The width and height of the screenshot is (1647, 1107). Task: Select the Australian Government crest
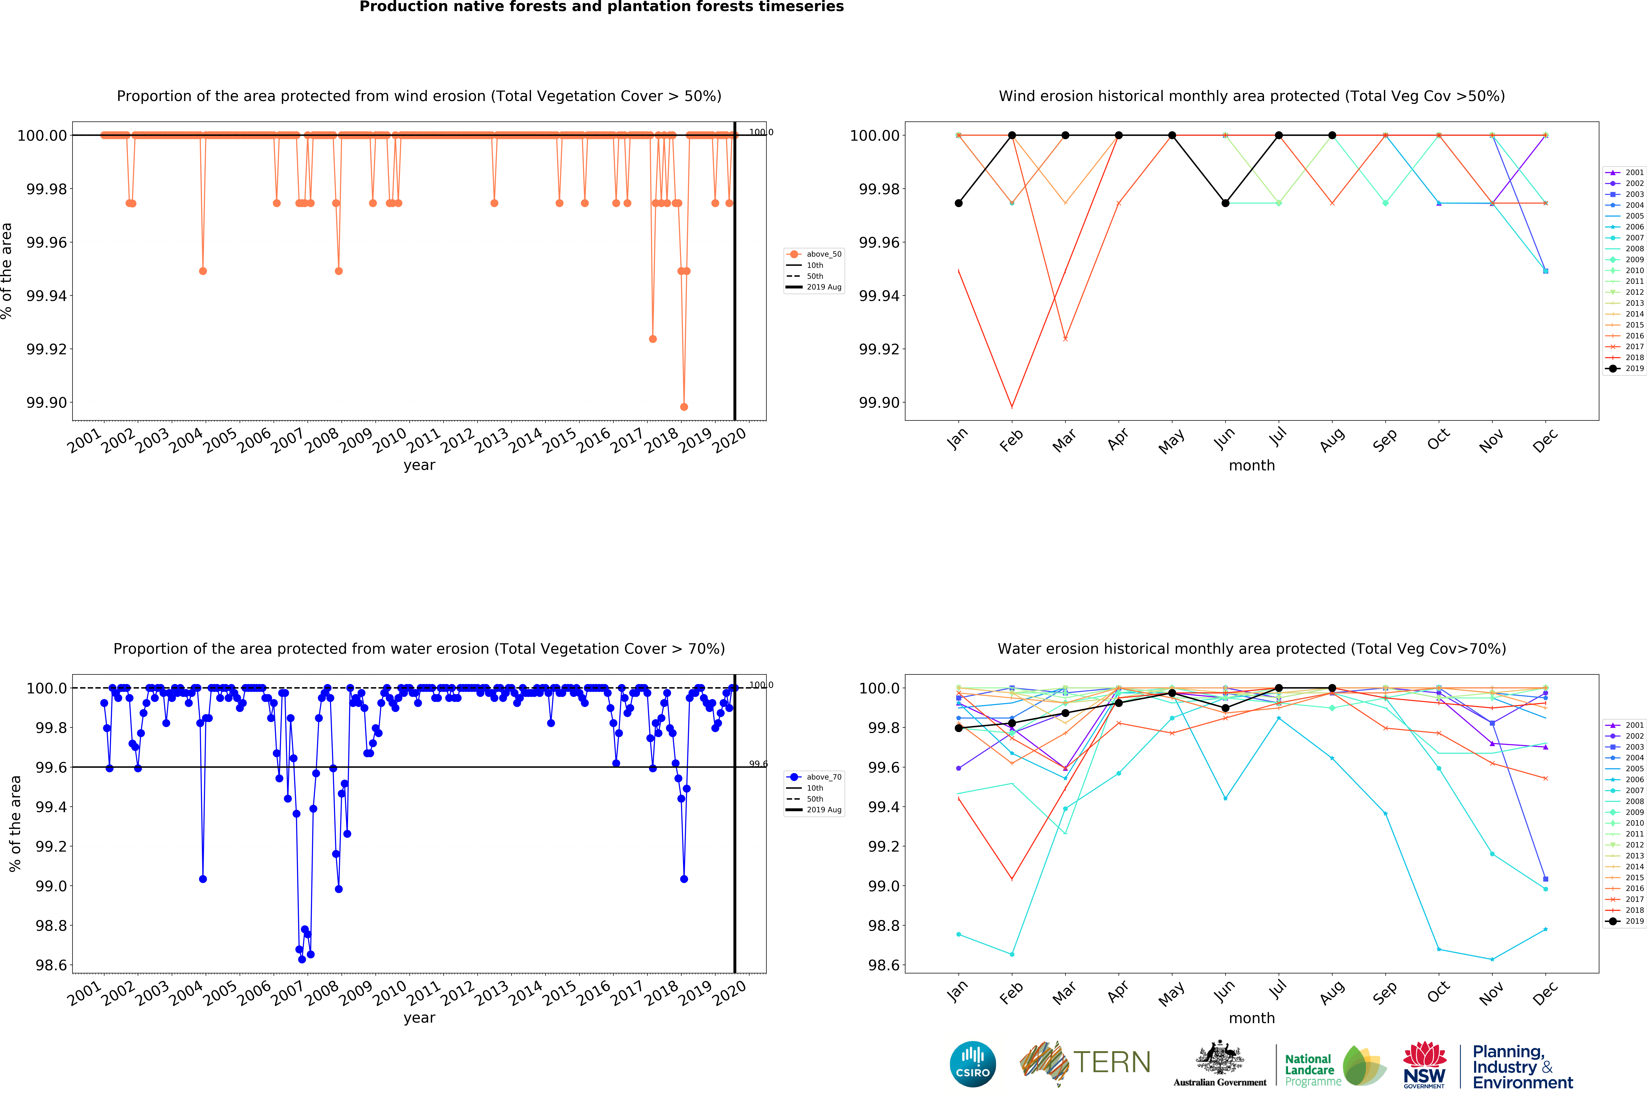click(x=1220, y=1057)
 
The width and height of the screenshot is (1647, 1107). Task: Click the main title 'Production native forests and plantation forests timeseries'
click(x=602, y=7)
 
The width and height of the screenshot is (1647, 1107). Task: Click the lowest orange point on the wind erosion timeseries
click(x=683, y=407)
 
